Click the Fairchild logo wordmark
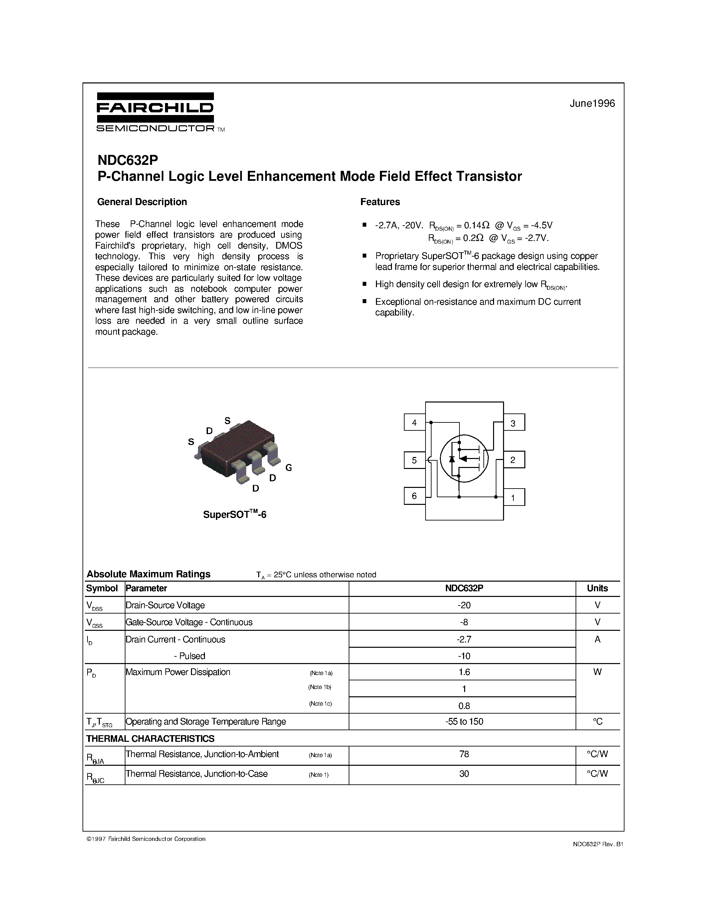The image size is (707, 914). pos(155,108)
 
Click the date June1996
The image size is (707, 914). pos(592,103)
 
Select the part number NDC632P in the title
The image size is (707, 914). pos(128,160)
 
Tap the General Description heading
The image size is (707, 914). pos(142,202)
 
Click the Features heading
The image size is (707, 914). pos(380,202)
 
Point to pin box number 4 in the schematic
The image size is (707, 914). pos(414,422)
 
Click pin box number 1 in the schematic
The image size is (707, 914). pos(513,498)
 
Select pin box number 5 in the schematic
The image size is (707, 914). pos(414,460)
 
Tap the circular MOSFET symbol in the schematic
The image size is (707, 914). pos(464,458)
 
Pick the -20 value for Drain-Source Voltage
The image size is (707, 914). pos(464,605)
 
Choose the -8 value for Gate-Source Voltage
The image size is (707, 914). pos(464,622)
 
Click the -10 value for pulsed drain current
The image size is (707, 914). pos(464,656)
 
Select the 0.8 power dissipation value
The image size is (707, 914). pos(464,706)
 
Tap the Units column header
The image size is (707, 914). pos(597,588)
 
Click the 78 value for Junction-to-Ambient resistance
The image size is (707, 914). pos(464,754)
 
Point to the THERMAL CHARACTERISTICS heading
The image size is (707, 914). pos(150,739)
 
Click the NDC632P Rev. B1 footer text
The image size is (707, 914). pos(598,844)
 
